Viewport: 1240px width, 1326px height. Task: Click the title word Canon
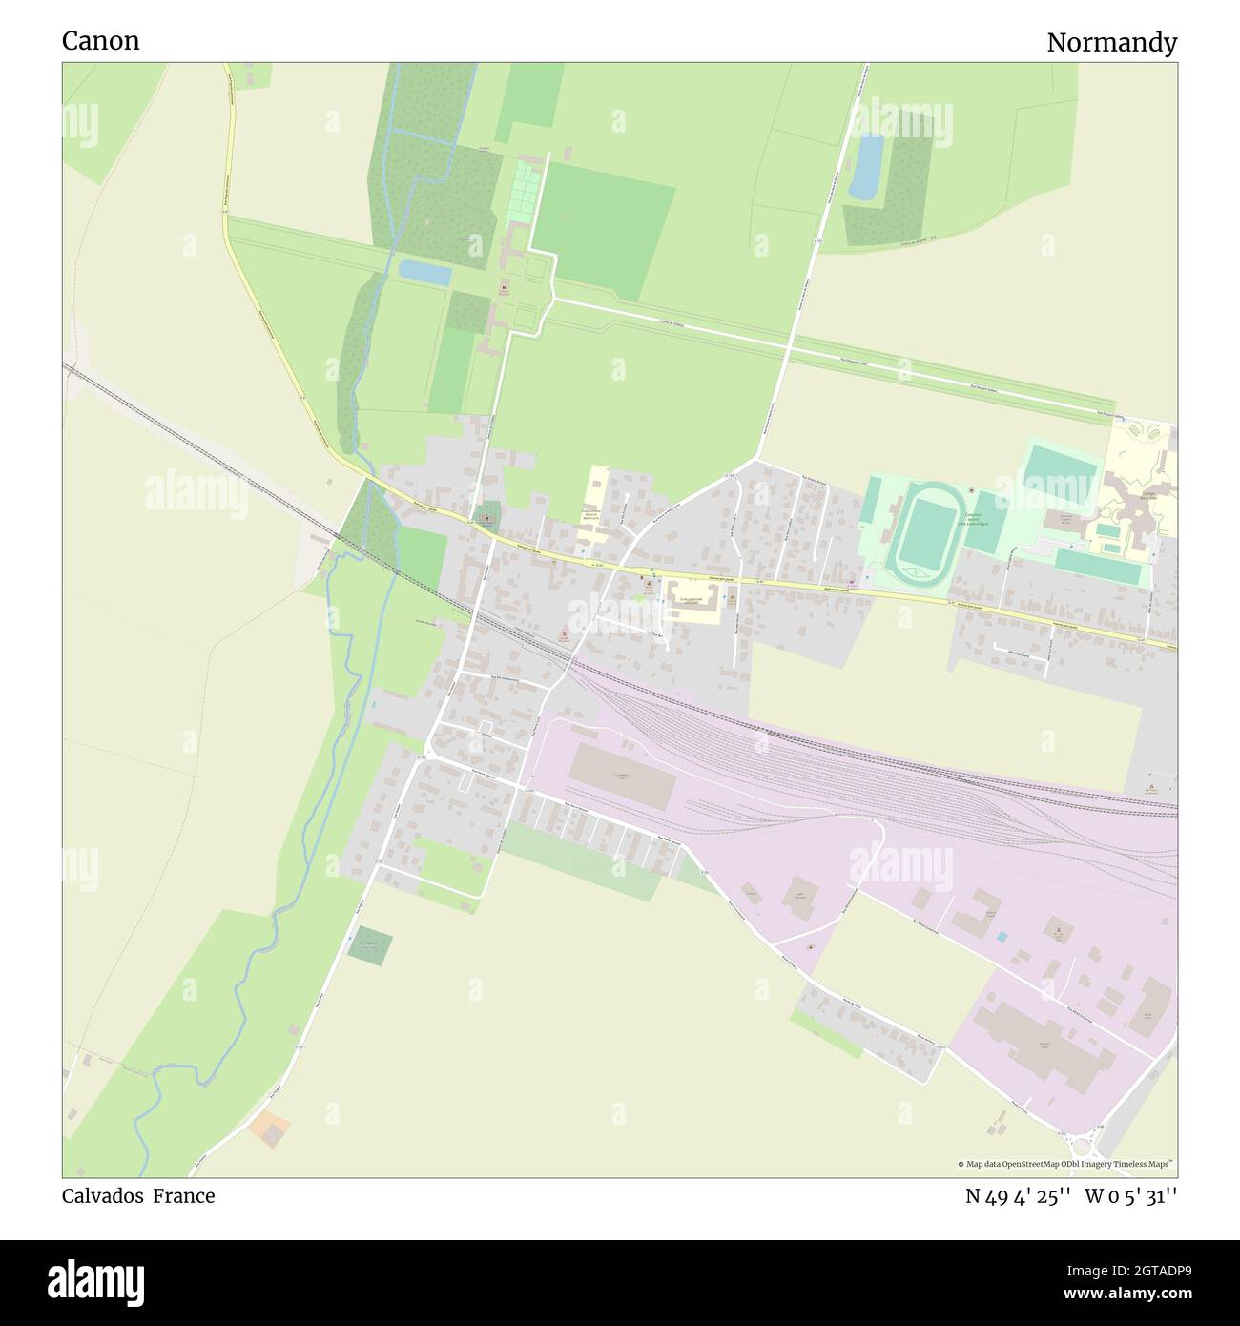pyautogui.click(x=100, y=41)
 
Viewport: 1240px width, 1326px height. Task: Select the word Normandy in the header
pyautogui.click(x=1111, y=43)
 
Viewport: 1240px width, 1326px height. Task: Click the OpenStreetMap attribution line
pyautogui.click(x=1066, y=1164)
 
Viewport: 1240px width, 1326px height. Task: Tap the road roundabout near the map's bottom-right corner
pyautogui.click(x=1082, y=1146)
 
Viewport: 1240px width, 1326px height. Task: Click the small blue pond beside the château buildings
pyautogui.click(x=425, y=273)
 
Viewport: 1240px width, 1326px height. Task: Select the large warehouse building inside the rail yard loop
pyautogui.click(x=623, y=777)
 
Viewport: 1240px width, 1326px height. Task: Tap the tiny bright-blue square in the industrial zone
pyautogui.click(x=1001, y=938)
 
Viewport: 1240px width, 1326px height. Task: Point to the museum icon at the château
pyautogui.click(x=504, y=286)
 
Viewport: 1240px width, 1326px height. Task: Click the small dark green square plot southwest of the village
pyautogui.click(x=369, y=945)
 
